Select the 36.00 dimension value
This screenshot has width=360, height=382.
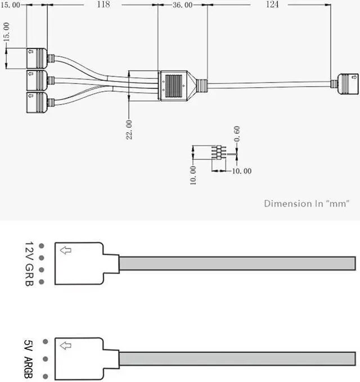click(182, 5)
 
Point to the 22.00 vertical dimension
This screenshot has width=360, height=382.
click(129, 129)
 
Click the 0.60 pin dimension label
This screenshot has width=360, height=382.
click(237, 133)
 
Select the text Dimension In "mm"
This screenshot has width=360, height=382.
click(307, 204)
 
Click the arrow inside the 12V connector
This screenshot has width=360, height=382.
click(66, 250)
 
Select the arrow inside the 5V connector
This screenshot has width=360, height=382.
click(66, 345)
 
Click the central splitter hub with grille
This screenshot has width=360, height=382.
click(175, 86)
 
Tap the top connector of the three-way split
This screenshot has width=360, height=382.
click(37, 58)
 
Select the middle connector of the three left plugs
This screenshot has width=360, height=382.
click(37, 80)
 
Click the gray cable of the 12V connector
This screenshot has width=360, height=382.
click(236, 263)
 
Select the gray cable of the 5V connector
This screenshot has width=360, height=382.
click(236, 358)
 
